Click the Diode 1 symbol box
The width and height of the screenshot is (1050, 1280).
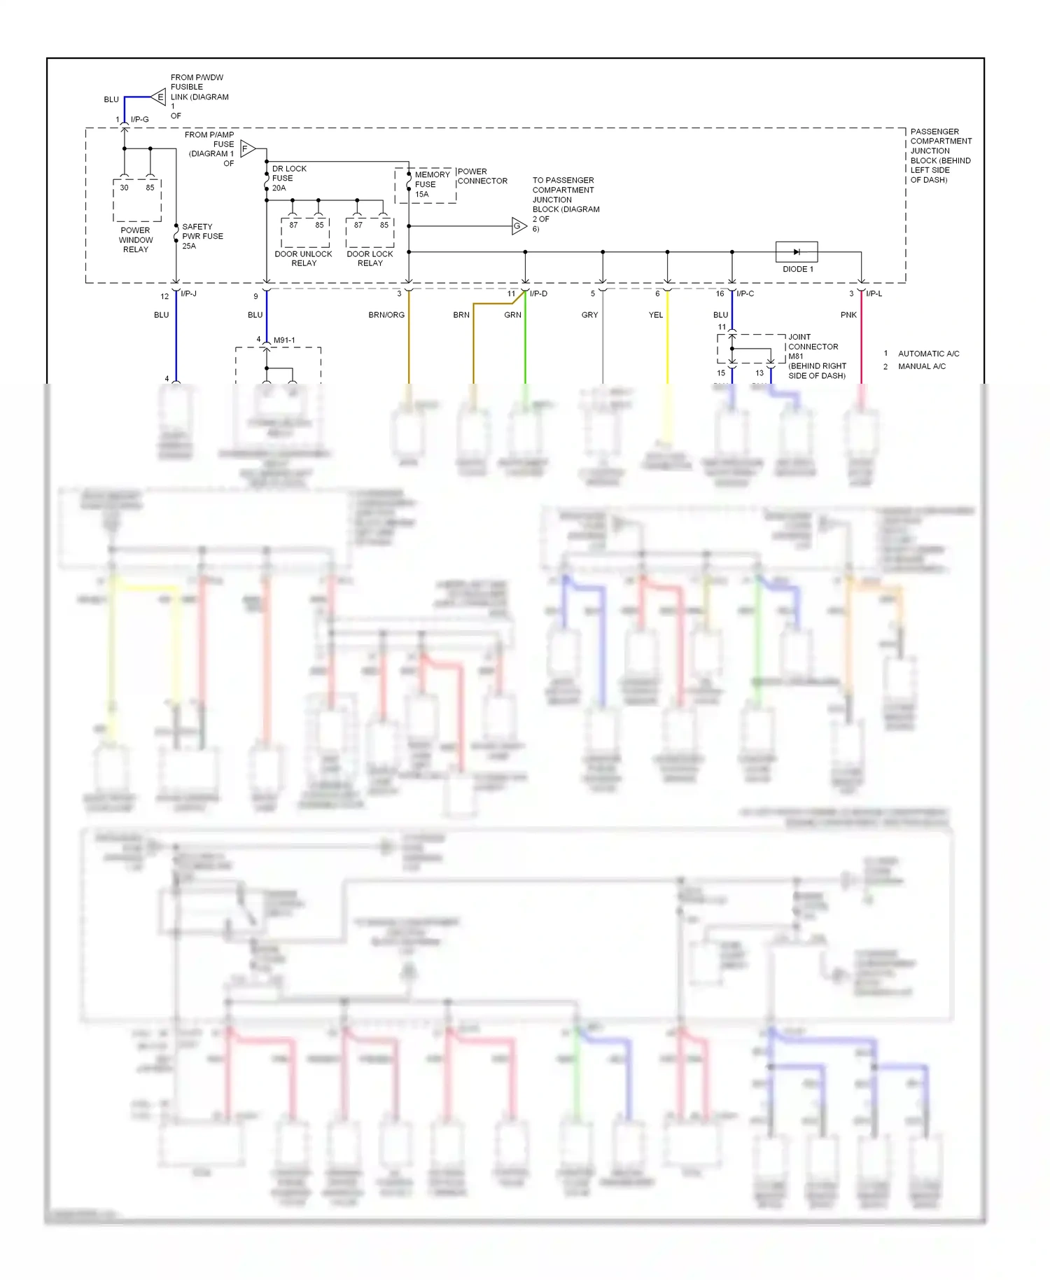coord(796,251)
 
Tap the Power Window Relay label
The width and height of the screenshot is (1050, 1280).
coord(136,239)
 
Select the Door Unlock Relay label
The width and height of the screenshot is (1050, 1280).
coord(303,258)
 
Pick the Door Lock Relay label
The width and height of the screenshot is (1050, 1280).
coord(370,258)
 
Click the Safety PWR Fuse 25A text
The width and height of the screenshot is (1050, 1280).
coord(202,237)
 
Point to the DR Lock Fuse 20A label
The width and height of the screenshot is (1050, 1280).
coord(288,179)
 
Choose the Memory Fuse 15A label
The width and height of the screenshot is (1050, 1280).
coord(432,184)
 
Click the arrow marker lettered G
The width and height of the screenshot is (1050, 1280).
coord(519,226)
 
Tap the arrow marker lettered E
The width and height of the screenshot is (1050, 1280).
coord(160,97)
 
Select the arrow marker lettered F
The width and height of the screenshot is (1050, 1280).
coord(247,148)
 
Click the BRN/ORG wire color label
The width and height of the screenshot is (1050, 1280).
coord(386,315)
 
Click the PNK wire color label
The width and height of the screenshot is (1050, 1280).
coord(848,315)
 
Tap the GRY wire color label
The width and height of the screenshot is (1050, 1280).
coord(589,315)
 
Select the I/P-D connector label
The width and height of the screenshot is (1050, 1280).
coord(538,293)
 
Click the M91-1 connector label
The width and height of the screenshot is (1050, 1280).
coord(284,340)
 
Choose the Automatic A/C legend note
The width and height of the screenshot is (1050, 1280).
coord(928,354)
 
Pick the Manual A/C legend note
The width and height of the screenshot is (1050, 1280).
coord(921,366)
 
